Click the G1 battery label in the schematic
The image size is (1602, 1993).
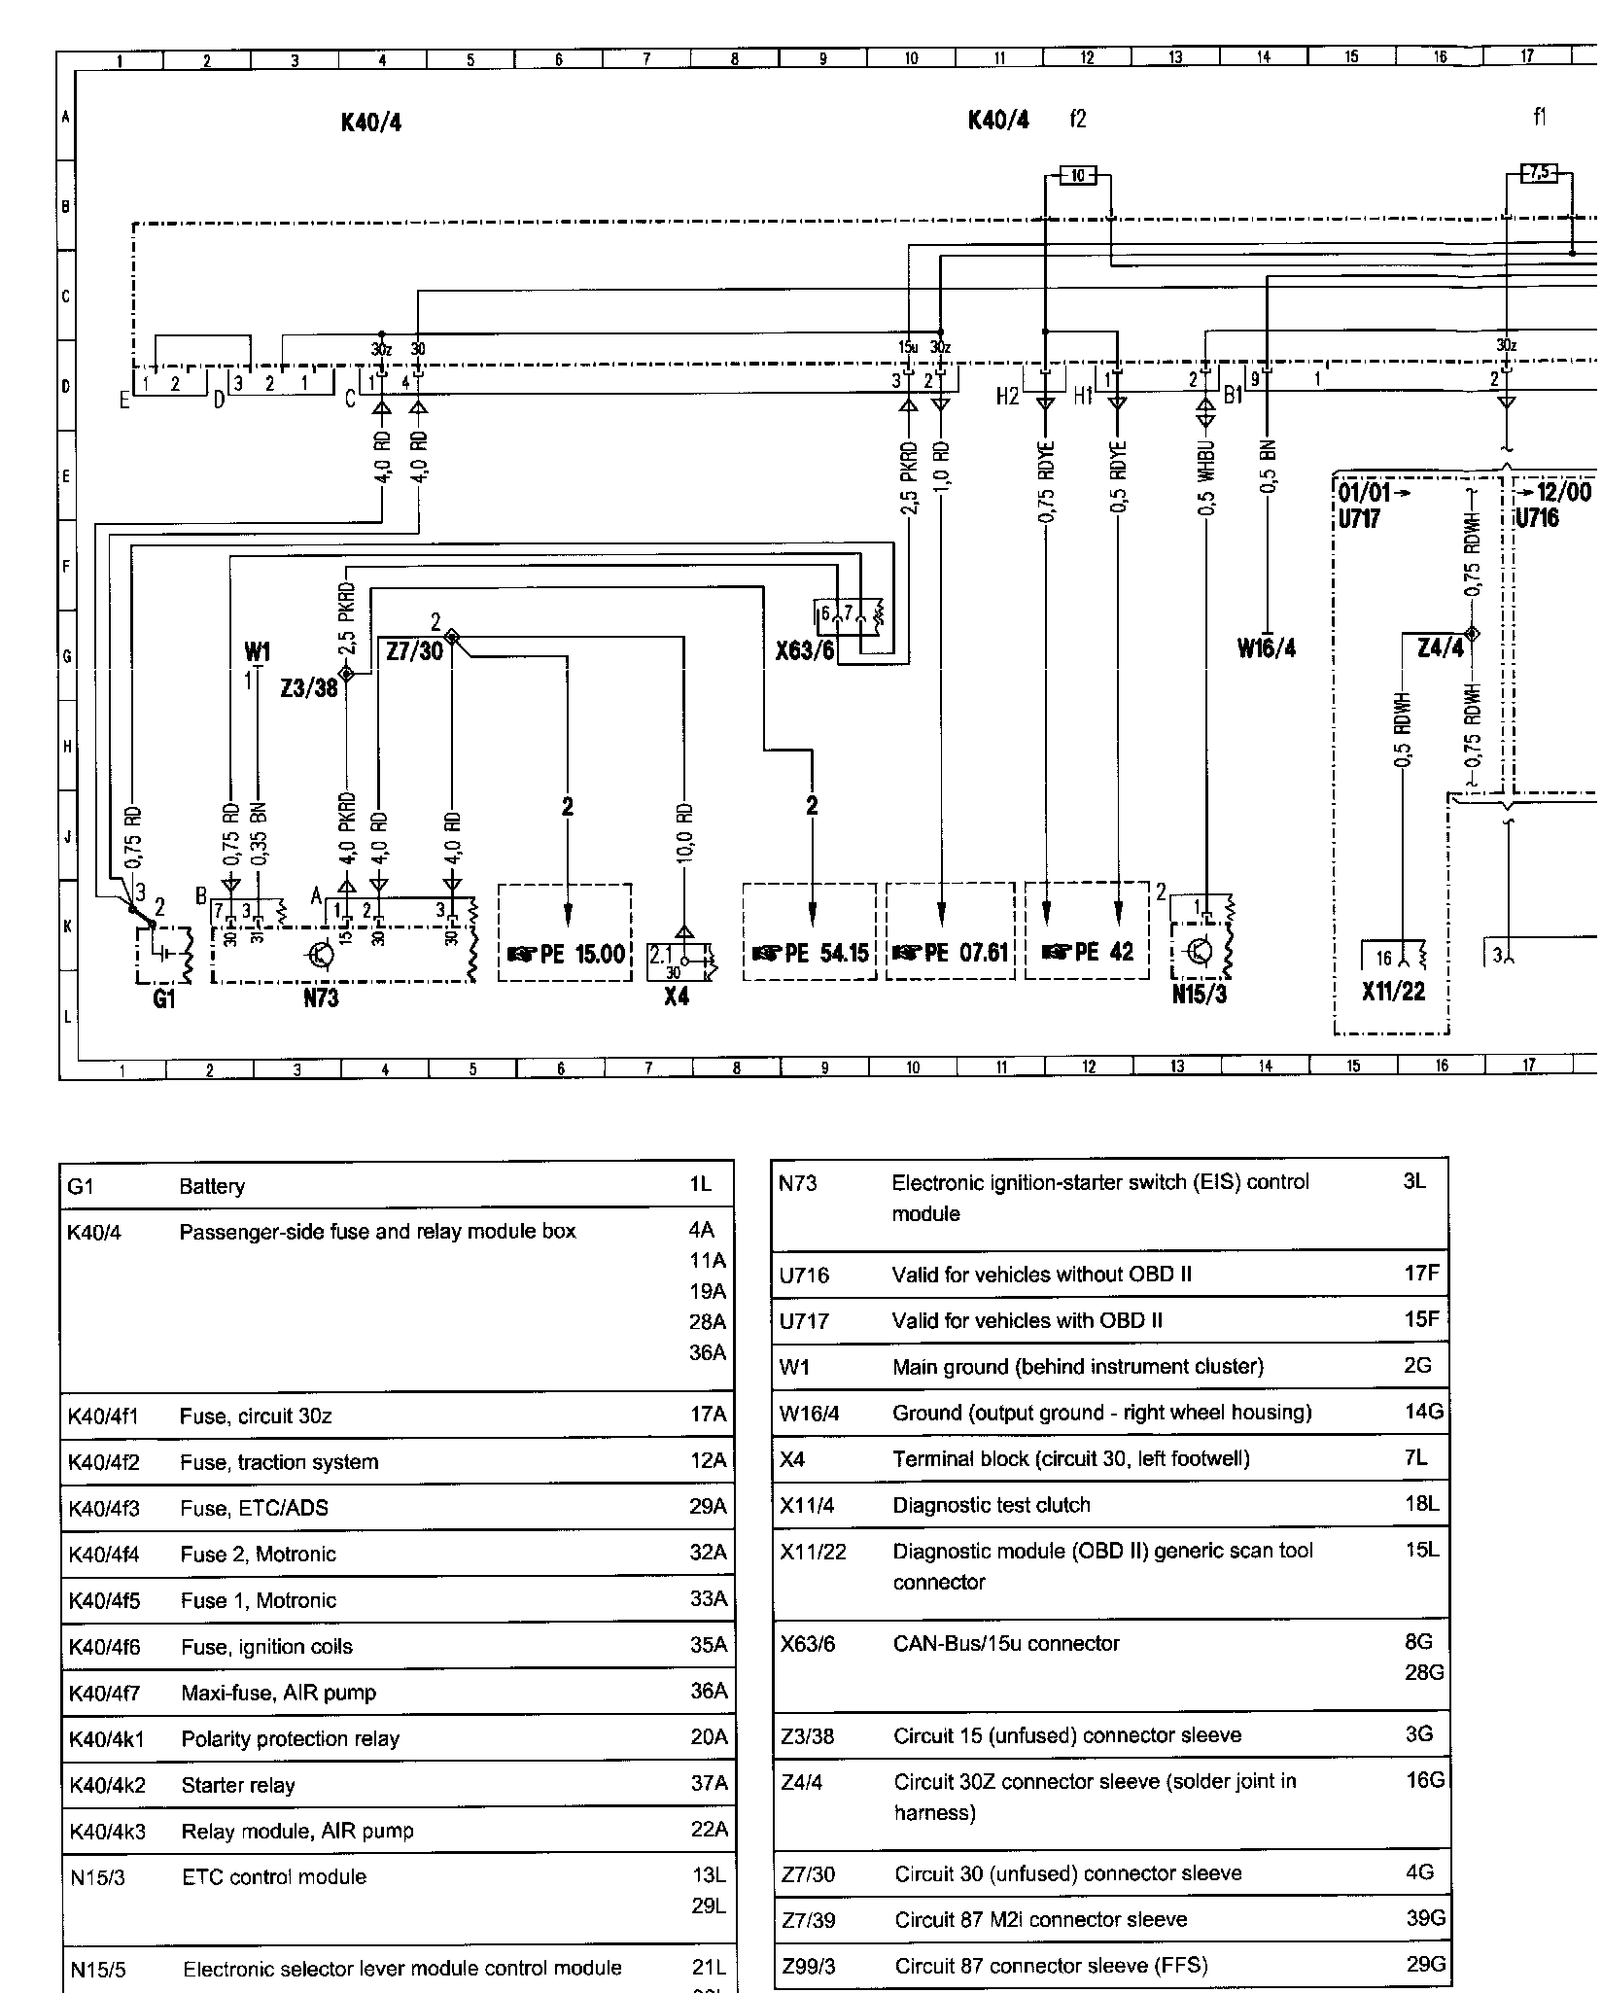(x=163, y=999)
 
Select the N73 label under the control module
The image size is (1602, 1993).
(x=321, y=998)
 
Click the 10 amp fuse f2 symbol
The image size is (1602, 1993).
(x=1077, y=176)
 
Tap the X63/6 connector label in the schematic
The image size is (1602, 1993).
(x=805, y=650)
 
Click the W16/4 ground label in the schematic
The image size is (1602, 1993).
(x=1267, y=648)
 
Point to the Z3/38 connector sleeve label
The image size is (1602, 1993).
(x=308, y=688)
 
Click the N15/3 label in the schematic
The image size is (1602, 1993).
(x=1199, y=995)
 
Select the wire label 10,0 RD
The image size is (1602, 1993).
(x=684, y=833)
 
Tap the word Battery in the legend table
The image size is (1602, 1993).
(x=212, y=1187)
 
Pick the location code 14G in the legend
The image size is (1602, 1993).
(x=1424, y=1412)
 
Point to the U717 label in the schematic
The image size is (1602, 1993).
(x=1359, y=518)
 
